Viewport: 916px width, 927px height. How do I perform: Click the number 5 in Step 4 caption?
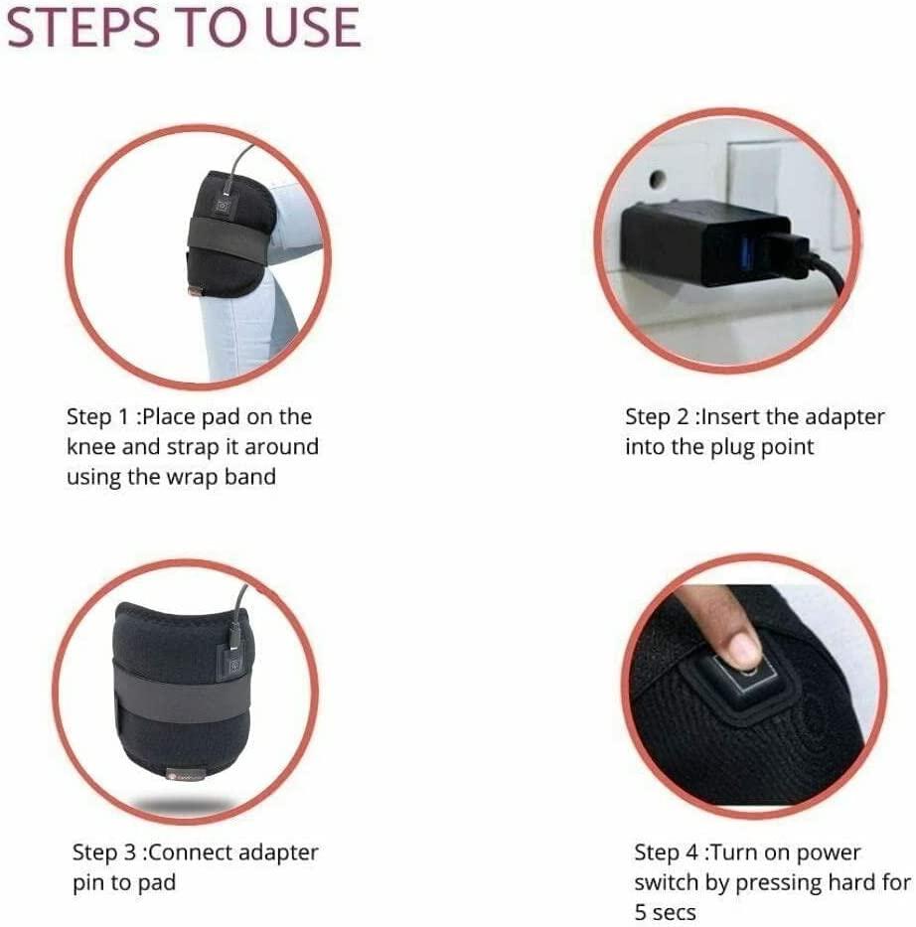pos(641,912)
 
